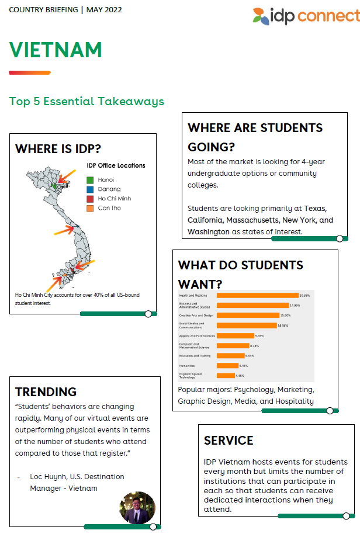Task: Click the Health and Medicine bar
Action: (257, 296)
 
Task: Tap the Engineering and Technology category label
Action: (191, 375)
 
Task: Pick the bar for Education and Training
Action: (230, 356)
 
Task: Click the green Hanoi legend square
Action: (90, 179)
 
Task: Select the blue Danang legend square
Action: (90, 189)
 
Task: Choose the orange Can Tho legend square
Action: (90, 208)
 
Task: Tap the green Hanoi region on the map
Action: (53, 185)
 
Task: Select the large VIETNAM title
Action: (56, 50)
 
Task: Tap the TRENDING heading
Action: (46, 392)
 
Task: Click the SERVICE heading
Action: (229, 440)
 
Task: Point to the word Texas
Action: (315, 209)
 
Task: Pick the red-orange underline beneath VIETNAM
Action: (29, 72)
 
